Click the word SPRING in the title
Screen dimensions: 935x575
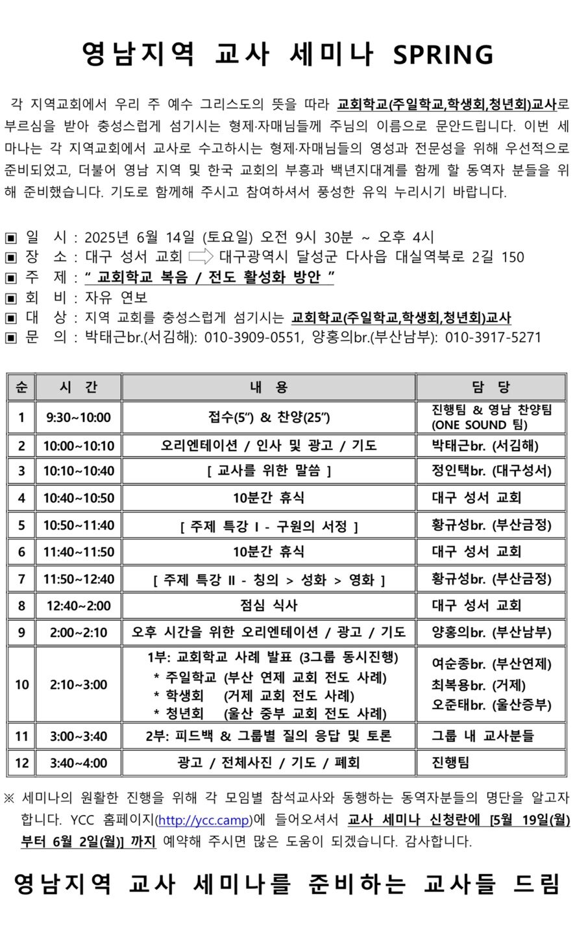tap(443, 55)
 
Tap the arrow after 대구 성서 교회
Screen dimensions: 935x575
tap(201, 256)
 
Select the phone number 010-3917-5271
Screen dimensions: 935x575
tap(493, 338)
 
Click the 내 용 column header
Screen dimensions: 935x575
tap(268, 388)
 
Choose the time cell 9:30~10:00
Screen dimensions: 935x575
tap(79, 418)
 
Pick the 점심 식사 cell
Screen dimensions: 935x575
tap(268, 606)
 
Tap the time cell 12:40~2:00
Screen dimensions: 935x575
tap(79, 606)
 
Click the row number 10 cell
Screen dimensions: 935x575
tap(21, 684)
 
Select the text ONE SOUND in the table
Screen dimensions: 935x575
tap(470, 425)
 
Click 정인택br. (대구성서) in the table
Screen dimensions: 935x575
tap(491, 471)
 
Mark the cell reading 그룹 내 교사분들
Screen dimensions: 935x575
tap(482, 736)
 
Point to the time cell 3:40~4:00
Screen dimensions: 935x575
tap(79, 763)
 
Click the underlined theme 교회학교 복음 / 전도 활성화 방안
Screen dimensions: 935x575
tap(210, 277)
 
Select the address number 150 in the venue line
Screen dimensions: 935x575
tap(513, 257)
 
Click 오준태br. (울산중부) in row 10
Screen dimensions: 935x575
tap(491, 705)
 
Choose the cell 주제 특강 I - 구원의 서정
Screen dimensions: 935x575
tap(268, 526)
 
